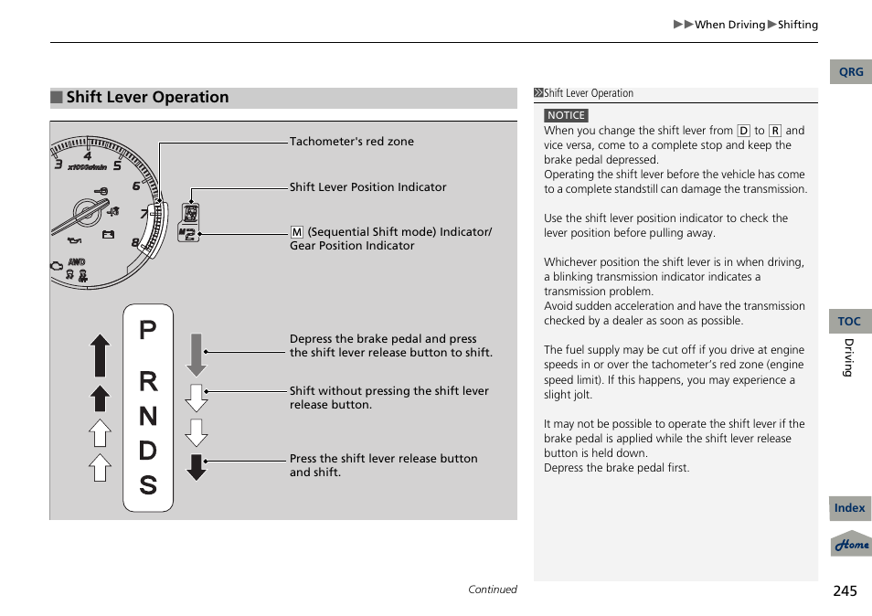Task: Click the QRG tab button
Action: (850, 72)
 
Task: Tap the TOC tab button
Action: (849, 321)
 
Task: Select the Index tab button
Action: (849, 508)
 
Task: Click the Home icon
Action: (851, 544)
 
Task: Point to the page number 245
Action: (845, 590)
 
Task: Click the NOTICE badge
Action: (566, 115)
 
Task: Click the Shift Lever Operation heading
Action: (147, 98)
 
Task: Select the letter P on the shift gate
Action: (148, 331)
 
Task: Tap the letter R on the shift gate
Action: (148, 383)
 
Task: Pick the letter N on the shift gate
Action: (148, 417)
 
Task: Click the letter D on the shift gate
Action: (148, 451)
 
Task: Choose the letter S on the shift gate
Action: (148, 485)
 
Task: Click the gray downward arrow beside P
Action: (197, 355)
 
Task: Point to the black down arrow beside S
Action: (197, 466)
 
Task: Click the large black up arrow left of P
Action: (100, 355)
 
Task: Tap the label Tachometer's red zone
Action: (351, 142)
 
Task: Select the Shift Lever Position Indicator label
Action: (367, 187)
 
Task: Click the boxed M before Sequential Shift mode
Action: (296, 232)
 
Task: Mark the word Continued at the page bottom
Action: (492, 589)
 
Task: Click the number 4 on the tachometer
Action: (88, 157)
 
